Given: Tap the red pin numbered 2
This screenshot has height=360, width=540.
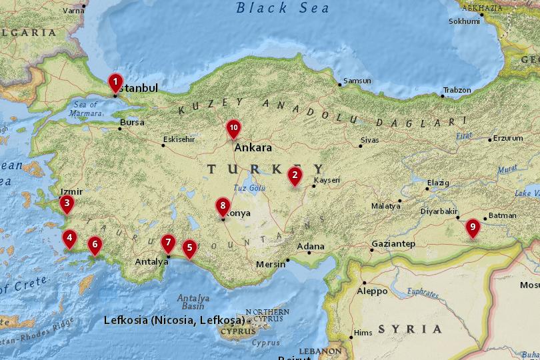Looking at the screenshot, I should pos(294,176).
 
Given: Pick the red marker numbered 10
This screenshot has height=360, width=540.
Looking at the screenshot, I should pos(233,127).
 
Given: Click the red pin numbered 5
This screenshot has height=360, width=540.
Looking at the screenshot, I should pos(189,249).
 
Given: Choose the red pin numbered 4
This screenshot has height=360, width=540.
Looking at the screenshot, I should pos(69,238).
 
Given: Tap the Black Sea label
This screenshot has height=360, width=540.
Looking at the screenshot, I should pos(283,9).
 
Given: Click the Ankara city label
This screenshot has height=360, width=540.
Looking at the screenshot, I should pos(253,147).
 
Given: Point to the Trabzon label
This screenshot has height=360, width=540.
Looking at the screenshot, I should pos(457,90).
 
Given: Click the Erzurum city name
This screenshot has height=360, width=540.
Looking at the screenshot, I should pos(509,139).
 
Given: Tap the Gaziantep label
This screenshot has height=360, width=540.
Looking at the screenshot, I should pos(393,244).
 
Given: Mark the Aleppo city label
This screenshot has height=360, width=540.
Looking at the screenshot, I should pos(372,291).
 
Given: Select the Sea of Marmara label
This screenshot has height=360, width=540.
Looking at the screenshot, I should pos(87,109).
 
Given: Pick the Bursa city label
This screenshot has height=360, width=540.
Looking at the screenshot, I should pos(132,123).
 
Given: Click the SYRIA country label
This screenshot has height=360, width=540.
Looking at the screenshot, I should pos(410,329).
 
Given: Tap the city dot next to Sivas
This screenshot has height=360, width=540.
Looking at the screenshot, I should pos(360,146).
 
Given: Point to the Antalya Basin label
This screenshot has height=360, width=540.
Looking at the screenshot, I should pos(193,302).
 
